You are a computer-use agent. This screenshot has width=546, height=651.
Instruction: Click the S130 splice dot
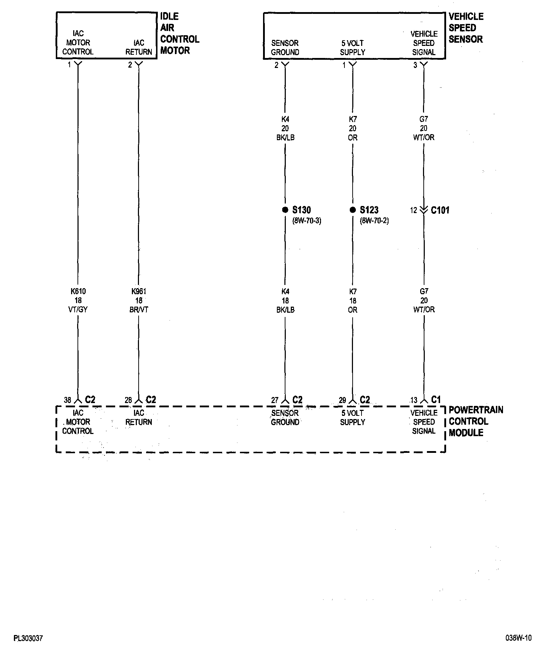coord(285,210)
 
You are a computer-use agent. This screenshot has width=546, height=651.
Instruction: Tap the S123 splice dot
coord(353,210)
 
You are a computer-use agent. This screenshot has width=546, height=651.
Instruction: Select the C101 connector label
coord(440,210)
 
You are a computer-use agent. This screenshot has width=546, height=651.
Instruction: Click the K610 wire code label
coord(78,291)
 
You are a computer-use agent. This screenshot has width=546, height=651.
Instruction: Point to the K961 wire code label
coord(139,291)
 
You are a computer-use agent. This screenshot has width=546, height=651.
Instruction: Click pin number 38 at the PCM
coord(68,400)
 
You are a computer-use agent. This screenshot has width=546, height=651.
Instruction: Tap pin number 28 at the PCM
coord(128,400)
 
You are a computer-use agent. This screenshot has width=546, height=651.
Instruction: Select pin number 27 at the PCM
coord(275,400)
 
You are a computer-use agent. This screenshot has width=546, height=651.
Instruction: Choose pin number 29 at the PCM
coord(342,400)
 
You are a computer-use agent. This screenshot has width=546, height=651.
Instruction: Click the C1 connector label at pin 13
coord(436,400)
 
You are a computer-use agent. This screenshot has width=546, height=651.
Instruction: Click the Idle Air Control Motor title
coord(180,33)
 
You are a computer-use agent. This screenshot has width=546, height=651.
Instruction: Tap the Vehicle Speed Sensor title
coord(466,28)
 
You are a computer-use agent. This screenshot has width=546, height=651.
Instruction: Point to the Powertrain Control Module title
coord(476,421)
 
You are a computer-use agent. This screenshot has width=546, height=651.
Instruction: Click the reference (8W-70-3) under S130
coord(307,221)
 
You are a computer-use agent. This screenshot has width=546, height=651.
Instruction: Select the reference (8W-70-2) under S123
coord(374,221)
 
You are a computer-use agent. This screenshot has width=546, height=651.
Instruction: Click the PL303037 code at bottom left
coord(28,639)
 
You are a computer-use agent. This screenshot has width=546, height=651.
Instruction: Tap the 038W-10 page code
coord(518,638)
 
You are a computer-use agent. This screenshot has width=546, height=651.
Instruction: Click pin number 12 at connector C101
coord(413,210)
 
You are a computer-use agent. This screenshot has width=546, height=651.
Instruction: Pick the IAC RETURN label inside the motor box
coord(139,47)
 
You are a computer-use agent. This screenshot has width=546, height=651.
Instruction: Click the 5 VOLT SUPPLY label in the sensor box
coord(353,48)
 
